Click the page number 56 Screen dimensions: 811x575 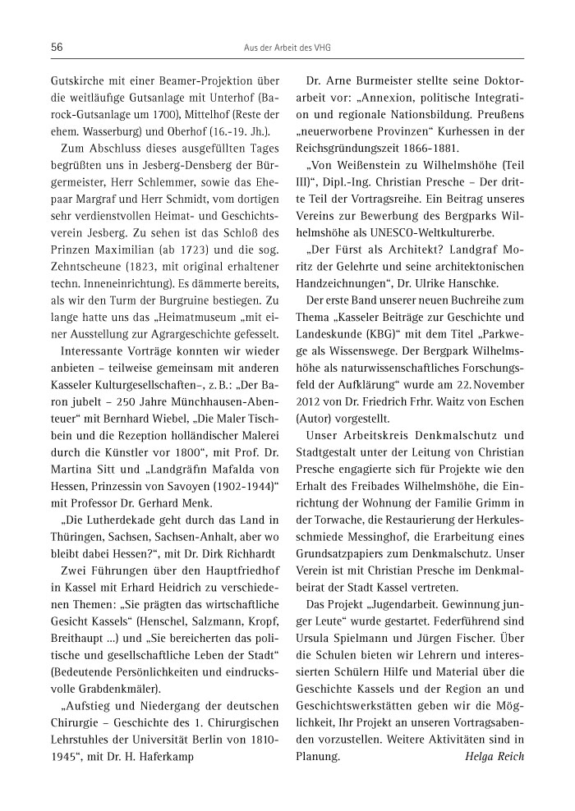click(57, 48)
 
